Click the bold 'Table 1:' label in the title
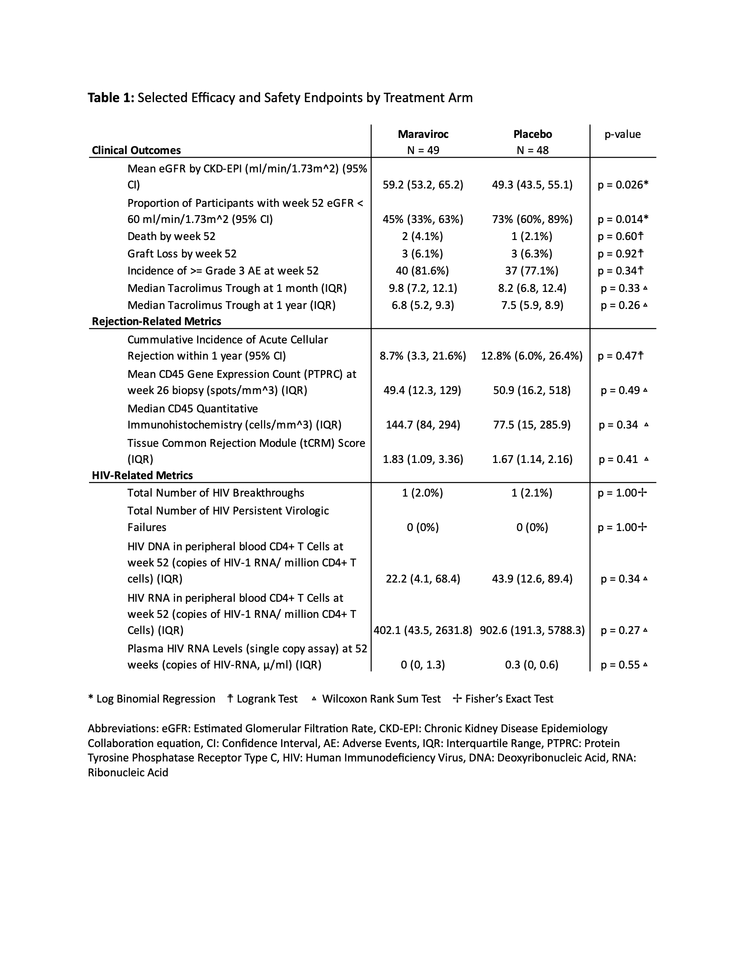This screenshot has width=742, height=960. coord(111,98)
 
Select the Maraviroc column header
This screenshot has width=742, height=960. coord(423,134)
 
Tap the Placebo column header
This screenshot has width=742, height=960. coord(532,134)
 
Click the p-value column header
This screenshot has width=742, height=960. coord(622,134)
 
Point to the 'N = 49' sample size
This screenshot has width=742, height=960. coord(423,151)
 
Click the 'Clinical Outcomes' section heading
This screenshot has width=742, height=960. coord(136,151)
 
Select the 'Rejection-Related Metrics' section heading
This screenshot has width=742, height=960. coord(156,321)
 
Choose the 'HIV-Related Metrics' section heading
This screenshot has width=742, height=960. coord(142,475)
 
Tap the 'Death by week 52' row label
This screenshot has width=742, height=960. coord(172,237)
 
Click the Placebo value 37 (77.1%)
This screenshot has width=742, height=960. coord(532,271)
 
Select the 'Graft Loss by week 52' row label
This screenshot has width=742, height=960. coord(182,254)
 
